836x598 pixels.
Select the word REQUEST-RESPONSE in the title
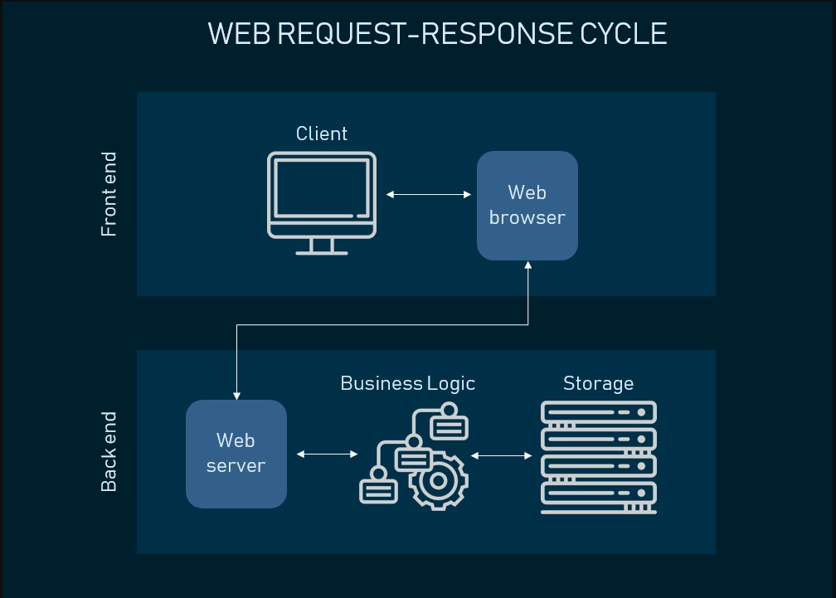tap(423, 34)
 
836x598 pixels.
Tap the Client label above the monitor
tap(322, 134)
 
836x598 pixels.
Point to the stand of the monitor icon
tap(322, 246)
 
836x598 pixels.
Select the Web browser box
tap(527, 205)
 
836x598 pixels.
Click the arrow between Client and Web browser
tap(429, 195)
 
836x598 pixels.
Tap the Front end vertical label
tap(109, 194)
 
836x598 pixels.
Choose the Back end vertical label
tap(109, 451)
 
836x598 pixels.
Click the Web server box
tap(236, 454)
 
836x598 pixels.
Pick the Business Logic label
tap(407, 383)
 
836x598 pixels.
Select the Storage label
tap(598, 383)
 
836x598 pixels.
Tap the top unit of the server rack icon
tap(598, 412)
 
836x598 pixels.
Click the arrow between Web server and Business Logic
tap(327, 454)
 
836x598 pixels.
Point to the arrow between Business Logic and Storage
tap(501, 455)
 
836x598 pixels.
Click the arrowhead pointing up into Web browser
tap(527, 265)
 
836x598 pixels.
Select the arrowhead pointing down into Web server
tap(236, 395)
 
